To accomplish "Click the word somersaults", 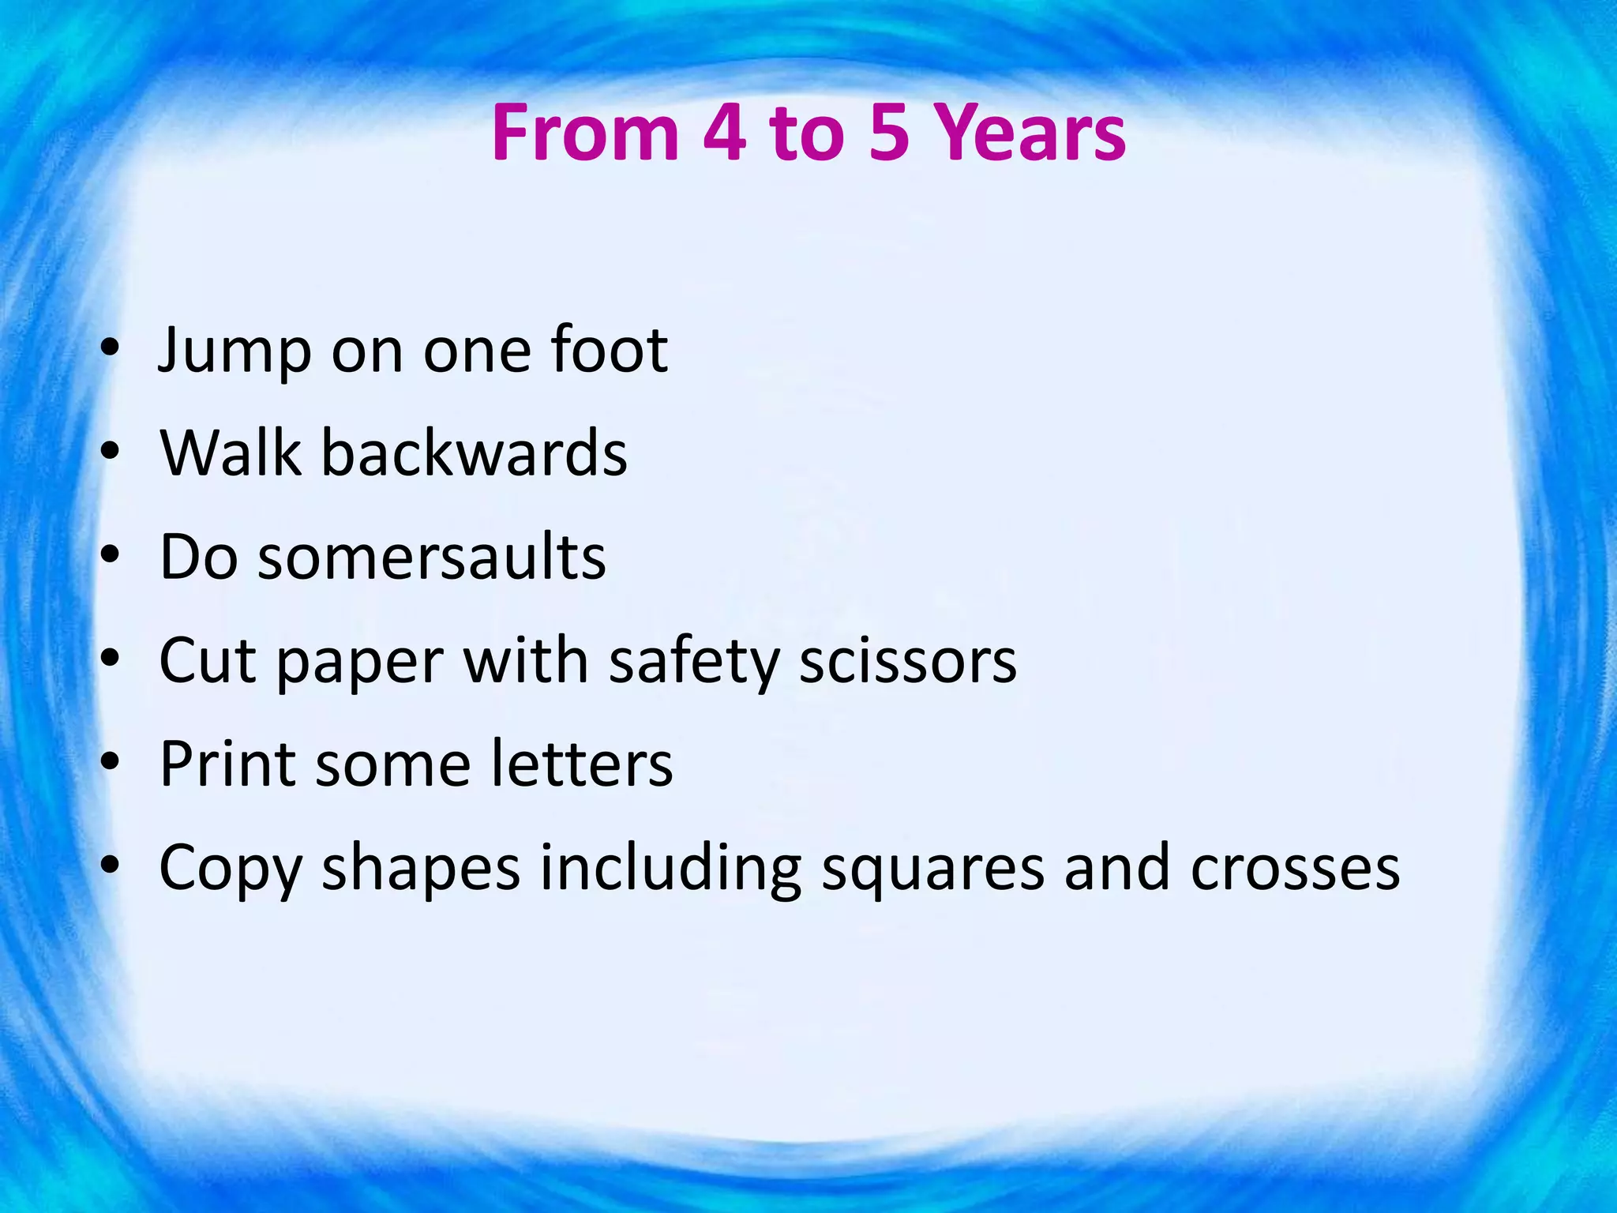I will (x=432, y=557).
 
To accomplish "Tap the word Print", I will (x=229, y=764).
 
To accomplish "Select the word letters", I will (x=581, y=764).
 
